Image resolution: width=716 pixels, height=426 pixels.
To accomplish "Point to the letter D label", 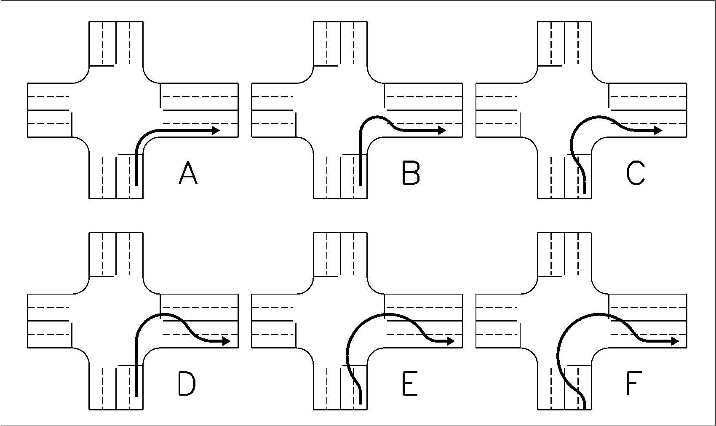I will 187,384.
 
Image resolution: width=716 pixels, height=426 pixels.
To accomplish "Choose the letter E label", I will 410,384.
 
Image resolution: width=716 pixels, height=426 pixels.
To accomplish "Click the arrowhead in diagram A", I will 216,131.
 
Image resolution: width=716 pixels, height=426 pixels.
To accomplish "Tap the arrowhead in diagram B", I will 441,131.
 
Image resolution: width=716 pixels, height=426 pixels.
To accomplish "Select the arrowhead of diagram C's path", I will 658,131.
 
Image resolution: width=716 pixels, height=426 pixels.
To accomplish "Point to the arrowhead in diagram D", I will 227,341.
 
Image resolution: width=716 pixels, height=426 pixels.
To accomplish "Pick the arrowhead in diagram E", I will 451,341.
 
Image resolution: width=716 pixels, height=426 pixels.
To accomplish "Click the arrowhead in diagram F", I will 675,341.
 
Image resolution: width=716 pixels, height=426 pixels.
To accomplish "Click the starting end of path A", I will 136,184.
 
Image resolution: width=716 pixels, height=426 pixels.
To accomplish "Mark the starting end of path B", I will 361,184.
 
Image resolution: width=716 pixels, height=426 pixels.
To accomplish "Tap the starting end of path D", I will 136,395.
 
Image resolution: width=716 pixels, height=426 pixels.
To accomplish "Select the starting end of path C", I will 585,193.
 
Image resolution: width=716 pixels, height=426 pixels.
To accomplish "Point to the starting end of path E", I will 361,403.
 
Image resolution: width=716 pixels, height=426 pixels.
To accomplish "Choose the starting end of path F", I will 585,408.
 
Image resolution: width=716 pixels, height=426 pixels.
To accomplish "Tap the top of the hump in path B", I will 377,117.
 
